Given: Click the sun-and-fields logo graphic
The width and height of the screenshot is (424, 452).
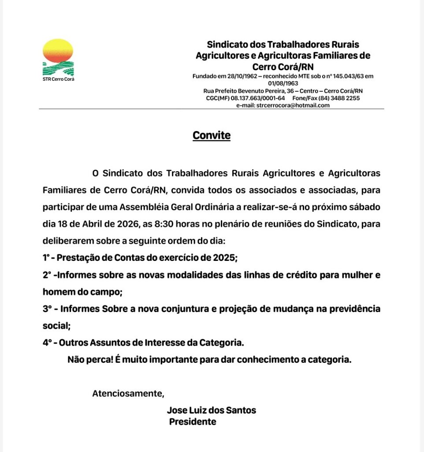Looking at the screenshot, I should click(58, 57).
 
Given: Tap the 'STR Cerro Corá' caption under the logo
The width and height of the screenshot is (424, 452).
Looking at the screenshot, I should click(59, 79).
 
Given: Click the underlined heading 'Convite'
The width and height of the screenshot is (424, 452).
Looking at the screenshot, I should click(212, 135).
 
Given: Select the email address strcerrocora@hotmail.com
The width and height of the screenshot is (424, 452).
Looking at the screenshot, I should click(293, 105).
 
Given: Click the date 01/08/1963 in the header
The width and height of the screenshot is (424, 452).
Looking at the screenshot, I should click(283, 83).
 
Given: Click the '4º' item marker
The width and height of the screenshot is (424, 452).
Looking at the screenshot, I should click(48, 343).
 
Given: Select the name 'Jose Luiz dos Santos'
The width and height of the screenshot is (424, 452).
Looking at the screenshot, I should click(212, 411).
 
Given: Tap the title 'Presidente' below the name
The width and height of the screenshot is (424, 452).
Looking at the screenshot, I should click(193, 422).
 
